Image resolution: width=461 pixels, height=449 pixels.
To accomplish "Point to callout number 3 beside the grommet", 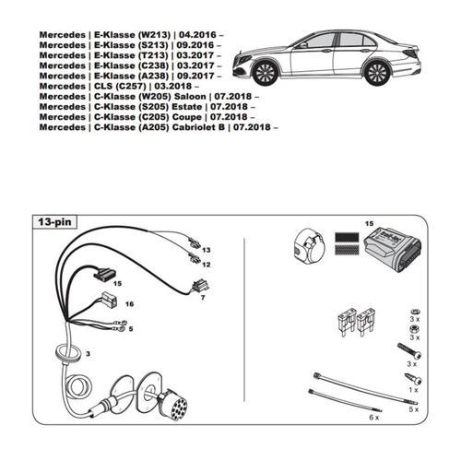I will (x=88, y=354).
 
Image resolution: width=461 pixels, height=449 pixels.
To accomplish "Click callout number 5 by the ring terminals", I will (x=130, y=328).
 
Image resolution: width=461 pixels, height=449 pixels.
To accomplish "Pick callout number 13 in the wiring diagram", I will (x=207, y=250).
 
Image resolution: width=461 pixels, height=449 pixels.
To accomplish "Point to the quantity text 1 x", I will (x=412, y=391).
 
